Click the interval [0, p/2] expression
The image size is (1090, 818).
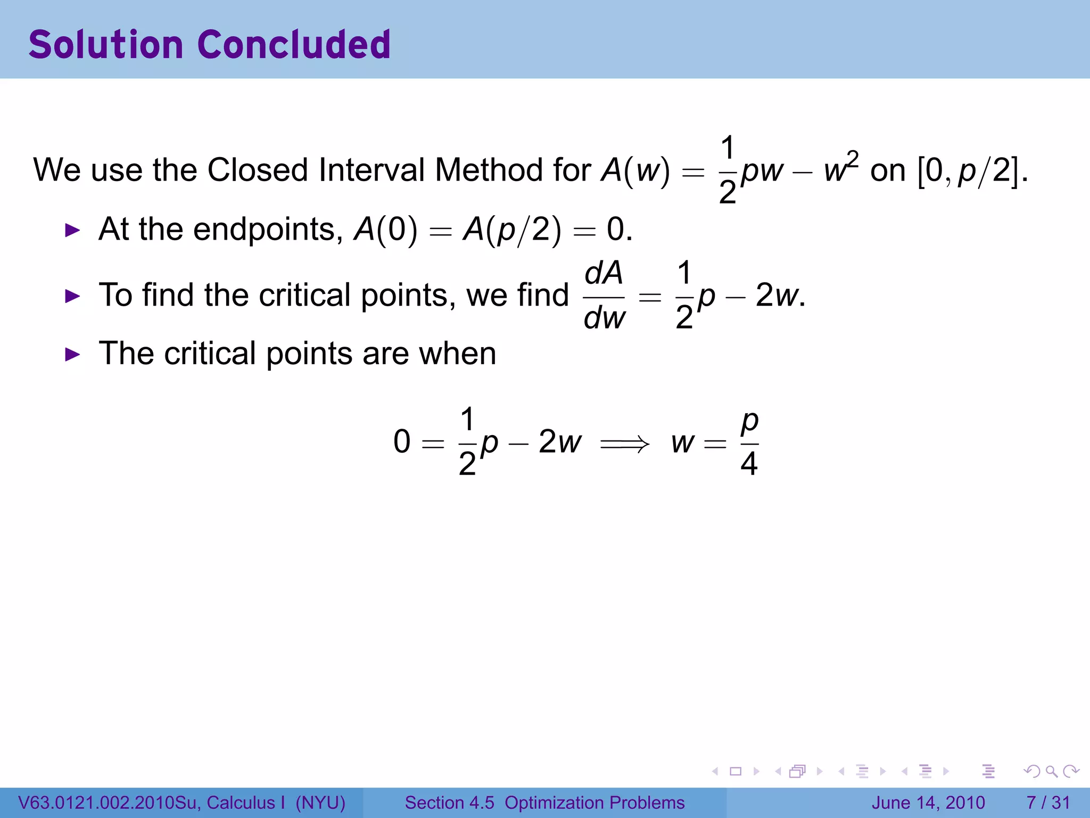point(971,170)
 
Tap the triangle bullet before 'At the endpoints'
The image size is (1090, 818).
point(72,231)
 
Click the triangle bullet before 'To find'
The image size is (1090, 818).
point(72,296)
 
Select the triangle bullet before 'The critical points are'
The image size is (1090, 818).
point(72,355)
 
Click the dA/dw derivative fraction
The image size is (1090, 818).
point(604,296)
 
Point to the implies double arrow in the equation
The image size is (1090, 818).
point(625,443)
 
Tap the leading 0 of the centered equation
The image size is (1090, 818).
point(402,442)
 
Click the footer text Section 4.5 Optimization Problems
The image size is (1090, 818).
point(544,803)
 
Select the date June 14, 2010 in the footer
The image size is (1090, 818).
point(928,803)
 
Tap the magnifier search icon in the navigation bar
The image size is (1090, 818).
point(1051,771)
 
